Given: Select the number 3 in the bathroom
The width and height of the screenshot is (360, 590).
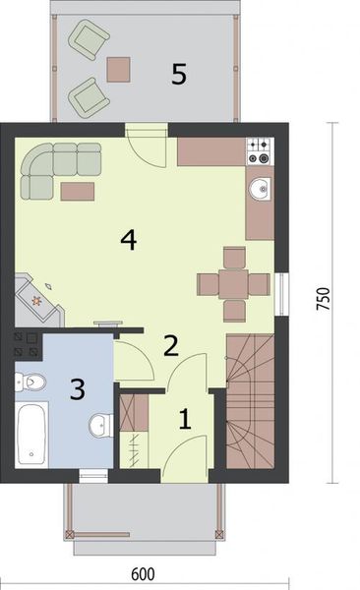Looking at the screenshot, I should [x=76, y=389].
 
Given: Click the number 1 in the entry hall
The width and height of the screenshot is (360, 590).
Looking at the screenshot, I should [x=184, y=421].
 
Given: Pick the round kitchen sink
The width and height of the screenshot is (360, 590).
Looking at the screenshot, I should [x=260, y=188].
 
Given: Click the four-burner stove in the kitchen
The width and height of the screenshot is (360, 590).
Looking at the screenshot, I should [x=260, y=150].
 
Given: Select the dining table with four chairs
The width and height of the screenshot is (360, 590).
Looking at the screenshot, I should [x=233, y=284].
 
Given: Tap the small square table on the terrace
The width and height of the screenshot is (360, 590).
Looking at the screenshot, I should [x=119, y=68].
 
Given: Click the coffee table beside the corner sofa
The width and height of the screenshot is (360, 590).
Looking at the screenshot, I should [x=78, y=190].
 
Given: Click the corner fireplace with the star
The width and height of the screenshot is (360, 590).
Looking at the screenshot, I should [x=38, y=296].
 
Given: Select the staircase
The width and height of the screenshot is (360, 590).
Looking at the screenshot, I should [x=251, y=401].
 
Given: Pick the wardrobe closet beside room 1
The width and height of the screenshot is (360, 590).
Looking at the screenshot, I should [x=131, y=430].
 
